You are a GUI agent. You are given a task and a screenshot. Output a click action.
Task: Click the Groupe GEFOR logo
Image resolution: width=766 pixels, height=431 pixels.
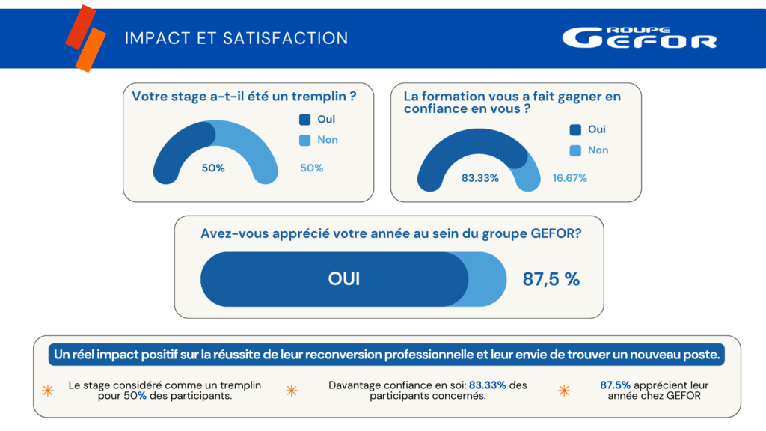(x=639, y=37)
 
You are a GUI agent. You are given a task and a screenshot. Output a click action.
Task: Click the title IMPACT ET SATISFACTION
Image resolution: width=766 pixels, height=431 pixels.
(x=236, y=38)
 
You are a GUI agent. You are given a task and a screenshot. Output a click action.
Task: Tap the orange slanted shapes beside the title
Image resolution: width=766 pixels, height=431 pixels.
(x=85, y=38)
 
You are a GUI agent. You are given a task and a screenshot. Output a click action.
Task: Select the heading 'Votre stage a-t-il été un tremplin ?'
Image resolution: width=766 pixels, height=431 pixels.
(x=243, y=96)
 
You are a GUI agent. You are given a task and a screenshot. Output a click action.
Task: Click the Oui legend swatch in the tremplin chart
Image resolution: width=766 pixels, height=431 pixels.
(x=304, y=119)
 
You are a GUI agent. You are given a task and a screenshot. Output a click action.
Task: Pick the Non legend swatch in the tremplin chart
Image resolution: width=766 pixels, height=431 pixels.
(x=304, y=140)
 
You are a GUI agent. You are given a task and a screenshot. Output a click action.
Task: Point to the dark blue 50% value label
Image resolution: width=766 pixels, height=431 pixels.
(x=213, y=168)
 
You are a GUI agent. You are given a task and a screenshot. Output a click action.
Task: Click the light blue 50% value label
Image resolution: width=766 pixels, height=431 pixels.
(x=312, y=168)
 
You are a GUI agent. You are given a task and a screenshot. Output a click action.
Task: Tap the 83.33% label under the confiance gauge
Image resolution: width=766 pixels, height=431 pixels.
(x=480, y=178)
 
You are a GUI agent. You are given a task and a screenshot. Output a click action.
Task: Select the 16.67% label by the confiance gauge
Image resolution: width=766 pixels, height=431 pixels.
(x=569, y=178)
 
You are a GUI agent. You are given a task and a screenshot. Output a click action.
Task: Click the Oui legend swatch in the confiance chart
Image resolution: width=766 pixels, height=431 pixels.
(x=575, y=129)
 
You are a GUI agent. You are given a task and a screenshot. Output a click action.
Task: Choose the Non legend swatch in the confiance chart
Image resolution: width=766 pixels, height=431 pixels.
(x=575, y=150)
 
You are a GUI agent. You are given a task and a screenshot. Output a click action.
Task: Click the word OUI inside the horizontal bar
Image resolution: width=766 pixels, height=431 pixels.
(x=344, y=279)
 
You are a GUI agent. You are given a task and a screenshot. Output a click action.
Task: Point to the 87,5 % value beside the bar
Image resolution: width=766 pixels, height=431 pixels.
(x=551, y=279)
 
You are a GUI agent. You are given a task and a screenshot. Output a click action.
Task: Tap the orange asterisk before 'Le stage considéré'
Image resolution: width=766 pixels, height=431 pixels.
(x=48, y=391)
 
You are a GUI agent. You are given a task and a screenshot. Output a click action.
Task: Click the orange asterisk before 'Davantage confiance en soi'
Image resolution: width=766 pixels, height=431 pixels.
(x=292, y=391)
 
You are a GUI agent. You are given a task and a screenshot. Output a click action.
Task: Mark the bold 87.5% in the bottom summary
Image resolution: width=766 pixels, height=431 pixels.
(x=616, y=385)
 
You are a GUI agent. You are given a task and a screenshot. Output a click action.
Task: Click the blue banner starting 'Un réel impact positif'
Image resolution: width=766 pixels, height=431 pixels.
(x=387, y=355)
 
